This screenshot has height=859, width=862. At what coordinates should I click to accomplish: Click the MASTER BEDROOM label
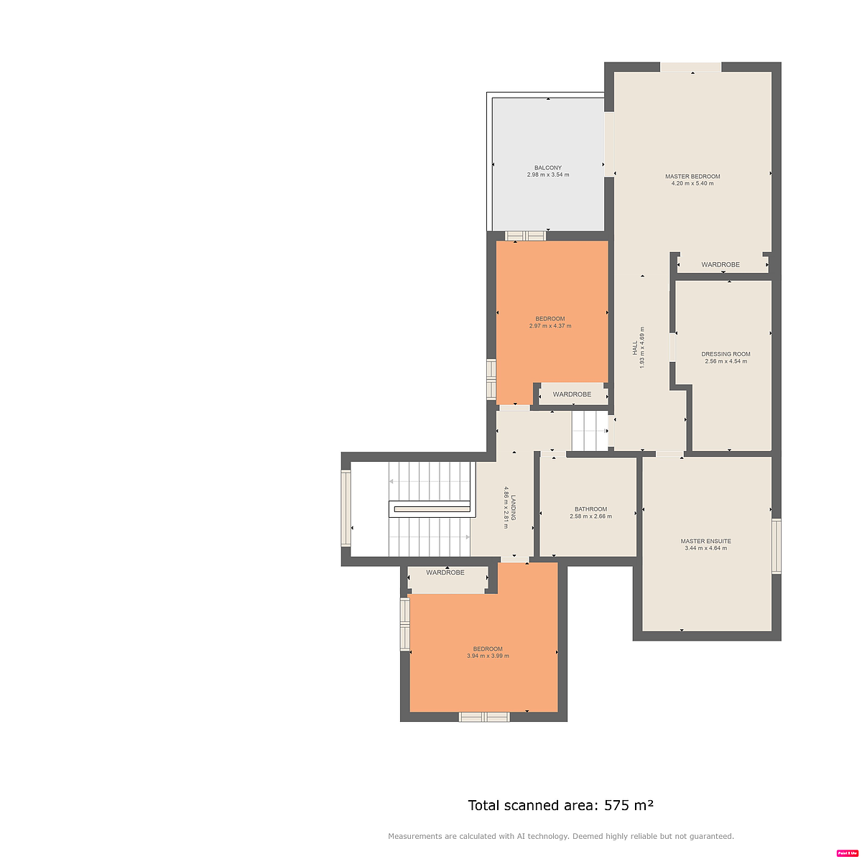pos(692,176)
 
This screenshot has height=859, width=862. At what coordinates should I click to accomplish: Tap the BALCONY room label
pos(547,167)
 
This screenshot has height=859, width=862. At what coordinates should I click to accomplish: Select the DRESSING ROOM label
pos(726,354)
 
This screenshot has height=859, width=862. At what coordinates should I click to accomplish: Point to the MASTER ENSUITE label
pos(705,541)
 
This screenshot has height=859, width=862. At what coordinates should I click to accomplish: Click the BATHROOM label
pos(590,509)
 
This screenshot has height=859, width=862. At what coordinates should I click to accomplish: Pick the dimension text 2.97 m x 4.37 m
pos(550,326)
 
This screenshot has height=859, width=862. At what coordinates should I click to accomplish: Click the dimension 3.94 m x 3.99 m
pos(488,656)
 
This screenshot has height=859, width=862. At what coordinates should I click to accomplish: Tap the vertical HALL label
pos(634,348)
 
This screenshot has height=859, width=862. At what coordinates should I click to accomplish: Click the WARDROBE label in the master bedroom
pos(720,264)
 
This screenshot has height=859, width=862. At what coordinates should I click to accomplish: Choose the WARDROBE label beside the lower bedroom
pos(445,572)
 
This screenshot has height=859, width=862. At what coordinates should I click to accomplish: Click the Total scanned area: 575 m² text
pos(560,805)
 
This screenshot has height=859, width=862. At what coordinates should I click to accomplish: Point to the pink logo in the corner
pos(848,853)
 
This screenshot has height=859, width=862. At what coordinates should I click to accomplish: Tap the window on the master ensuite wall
pos(776,546)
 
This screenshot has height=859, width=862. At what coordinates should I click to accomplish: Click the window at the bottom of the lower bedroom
pos(484,716)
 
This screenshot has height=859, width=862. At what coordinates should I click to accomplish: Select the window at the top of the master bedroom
pos(690,67)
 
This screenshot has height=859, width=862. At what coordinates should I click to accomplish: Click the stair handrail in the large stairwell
pos(431,509)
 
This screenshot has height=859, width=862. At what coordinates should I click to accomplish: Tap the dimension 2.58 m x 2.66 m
pos(590,516)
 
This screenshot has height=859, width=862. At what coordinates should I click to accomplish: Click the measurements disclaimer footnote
pos(560,836)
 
